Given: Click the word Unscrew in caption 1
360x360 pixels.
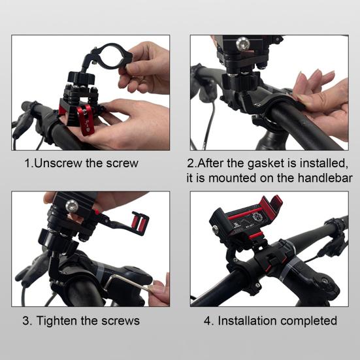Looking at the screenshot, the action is (58, 163).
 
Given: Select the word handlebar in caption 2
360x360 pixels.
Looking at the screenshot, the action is (325, 178).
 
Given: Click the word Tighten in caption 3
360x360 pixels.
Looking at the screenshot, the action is (57, 321).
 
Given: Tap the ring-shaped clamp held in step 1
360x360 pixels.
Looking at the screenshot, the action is (112, 56).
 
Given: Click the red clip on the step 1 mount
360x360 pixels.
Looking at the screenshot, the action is (86, 119).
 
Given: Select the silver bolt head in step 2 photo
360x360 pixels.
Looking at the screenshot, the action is (242, 43).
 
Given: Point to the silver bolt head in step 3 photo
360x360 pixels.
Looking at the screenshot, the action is (72, 206).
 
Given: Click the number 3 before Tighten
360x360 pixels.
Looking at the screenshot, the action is (26, 321).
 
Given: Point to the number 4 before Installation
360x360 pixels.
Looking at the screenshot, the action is (208, 321).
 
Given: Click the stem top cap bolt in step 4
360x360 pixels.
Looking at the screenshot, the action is (325, 281).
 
